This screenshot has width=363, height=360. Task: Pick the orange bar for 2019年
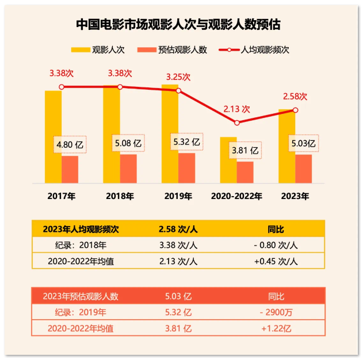point(186,168)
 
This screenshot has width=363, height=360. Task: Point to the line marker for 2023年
point(295,110)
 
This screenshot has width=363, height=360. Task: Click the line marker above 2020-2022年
point(237,122)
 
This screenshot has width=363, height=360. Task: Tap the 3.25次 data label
point(178,76)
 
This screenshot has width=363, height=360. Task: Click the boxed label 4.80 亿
point(70,145)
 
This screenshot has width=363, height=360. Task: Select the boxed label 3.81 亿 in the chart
point(244,151)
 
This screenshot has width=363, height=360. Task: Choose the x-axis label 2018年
point(120,196)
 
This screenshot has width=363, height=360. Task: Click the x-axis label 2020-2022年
point(236,196)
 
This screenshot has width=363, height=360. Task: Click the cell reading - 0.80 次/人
point(276,245)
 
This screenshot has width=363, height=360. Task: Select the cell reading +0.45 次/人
point(276,261)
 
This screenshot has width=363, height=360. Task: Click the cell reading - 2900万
point(276,313)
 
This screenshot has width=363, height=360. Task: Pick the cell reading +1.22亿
point(276,329)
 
